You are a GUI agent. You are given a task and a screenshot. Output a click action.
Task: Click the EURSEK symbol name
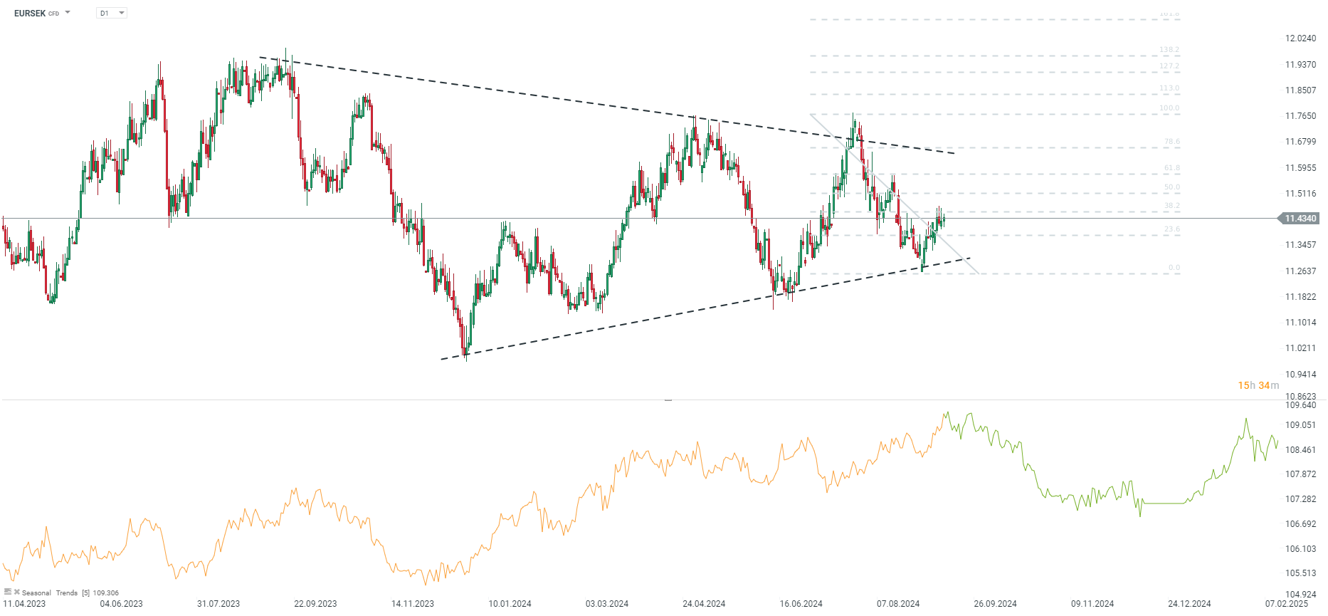click(30, 13)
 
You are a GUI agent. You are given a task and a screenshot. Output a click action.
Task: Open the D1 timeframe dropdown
click(112, 13)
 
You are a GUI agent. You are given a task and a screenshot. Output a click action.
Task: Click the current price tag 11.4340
click(1300, 219)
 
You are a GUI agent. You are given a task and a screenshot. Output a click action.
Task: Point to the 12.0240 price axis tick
click(1300, 38)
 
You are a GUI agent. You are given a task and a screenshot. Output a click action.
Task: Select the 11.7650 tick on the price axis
click(1300, 116)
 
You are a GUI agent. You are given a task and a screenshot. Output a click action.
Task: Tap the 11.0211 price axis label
click(1300, 348)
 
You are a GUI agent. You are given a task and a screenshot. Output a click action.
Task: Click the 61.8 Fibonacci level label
click(1171, 168)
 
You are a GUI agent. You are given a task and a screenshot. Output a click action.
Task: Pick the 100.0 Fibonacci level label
click(1169, 108)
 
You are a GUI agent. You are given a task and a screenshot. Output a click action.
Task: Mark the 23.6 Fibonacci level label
click(1171, 229)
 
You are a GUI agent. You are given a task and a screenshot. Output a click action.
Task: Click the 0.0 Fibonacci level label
click(1174, 268)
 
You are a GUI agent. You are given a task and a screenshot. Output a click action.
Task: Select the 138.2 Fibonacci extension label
click(1169, 50)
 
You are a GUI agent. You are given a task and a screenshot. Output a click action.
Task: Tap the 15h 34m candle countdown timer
click(1258, 385)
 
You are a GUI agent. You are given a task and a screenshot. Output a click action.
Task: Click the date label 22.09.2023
click(315, 604)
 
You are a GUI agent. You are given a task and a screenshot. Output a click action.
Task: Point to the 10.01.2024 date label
click(510, 604)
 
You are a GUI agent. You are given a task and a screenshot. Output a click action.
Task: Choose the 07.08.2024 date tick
click(898, 604)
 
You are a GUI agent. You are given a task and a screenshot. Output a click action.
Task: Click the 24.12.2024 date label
click(1189, 604)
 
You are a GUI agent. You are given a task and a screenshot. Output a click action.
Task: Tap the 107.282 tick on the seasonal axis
click(1300, 499)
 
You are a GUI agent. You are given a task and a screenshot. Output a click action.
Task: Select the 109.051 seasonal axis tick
click(1300, 425)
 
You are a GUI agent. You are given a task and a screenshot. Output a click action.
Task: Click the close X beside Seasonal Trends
click(17, 592)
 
